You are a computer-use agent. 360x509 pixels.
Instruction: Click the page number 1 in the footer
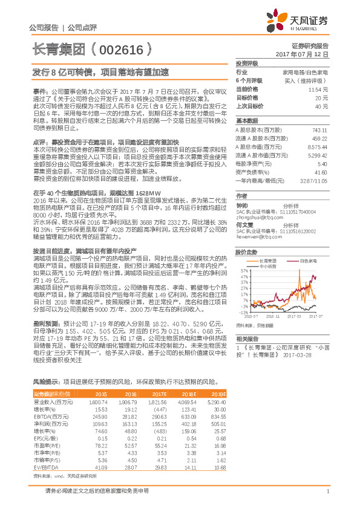click(x=327, y=499)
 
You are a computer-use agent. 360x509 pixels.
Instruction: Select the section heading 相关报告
click(x=247, y=339)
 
